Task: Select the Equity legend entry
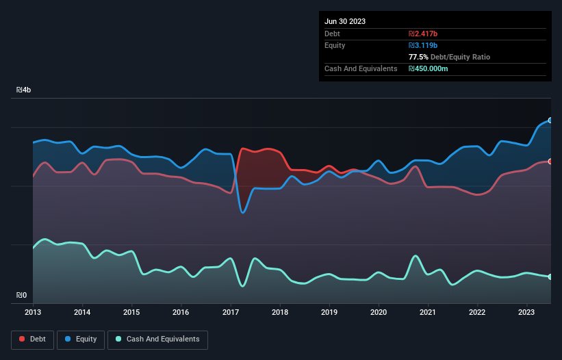pos(81,339)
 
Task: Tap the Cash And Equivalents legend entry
pos(157,339)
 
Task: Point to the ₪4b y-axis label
pos(23,90)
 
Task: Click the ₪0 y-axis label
pos(21,296)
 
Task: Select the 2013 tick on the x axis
pos(33,312)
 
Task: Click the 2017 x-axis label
pos(231,312)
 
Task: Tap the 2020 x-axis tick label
pos(379,312)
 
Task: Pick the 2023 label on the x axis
pos(527,312)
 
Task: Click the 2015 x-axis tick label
pos(131,312)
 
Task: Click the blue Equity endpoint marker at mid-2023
pos(550,120)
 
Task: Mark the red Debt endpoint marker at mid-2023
pos(550,162)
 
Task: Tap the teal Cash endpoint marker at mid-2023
pos(550,277)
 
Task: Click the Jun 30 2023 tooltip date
pos(345,21)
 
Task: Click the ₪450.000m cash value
pos(428,68)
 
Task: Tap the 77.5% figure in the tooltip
pos(419,57)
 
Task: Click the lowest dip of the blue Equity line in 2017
pos(243,213)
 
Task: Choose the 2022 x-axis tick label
pos(477,312)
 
